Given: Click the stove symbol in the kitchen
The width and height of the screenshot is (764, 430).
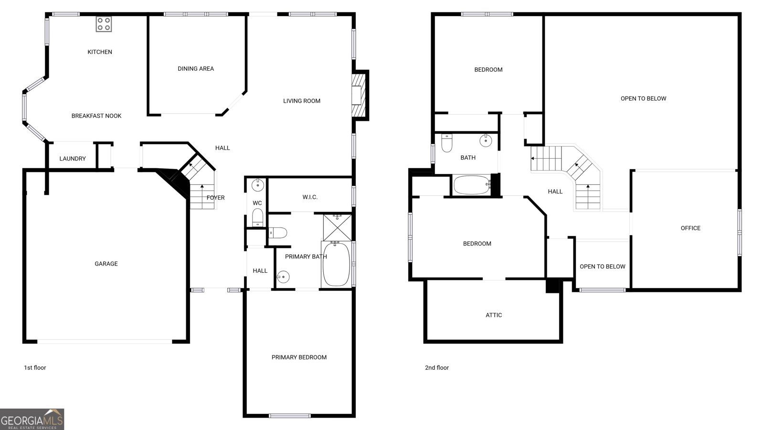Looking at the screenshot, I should [x=104, y=24].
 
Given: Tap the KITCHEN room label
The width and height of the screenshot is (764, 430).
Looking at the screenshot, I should [x=100, y=52].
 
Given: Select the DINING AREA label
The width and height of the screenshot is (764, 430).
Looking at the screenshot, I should [x=196, y=69].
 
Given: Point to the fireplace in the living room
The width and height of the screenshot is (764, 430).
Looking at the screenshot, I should [x=359, y=95].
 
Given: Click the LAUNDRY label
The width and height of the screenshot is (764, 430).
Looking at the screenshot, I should [x=73, y=159].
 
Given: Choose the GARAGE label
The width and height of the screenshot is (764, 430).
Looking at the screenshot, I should [x=106, y=264].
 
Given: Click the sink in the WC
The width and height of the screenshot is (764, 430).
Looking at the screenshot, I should [x=258, y=184].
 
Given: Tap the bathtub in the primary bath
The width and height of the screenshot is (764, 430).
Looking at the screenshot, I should [x=336, y=264].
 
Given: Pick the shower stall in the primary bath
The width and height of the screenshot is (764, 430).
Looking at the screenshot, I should [x=337, y=227].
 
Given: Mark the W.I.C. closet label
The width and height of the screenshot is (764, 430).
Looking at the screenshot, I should [x=310, y=197].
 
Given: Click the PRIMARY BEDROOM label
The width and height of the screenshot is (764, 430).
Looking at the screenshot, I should [x=299, y=357].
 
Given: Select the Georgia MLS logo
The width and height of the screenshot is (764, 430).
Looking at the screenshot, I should [x=32, y=419].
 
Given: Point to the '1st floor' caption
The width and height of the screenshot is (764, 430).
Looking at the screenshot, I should [x=35, y=368].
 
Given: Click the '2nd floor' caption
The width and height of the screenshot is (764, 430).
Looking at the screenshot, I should [x=437, y=368].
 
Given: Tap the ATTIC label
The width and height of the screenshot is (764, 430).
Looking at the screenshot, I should [x=494, y=315].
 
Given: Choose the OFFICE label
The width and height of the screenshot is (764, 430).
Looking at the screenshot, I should [x=690, y=228].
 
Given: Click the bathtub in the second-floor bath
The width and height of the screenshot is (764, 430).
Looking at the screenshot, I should [x=471, y=185].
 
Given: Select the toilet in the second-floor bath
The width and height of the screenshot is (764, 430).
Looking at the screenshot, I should [x=447, y=143].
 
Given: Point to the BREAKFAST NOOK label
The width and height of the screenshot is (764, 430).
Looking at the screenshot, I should [x=96, y=116].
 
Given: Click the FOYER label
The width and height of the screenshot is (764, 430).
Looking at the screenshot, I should [x=215, y=198].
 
